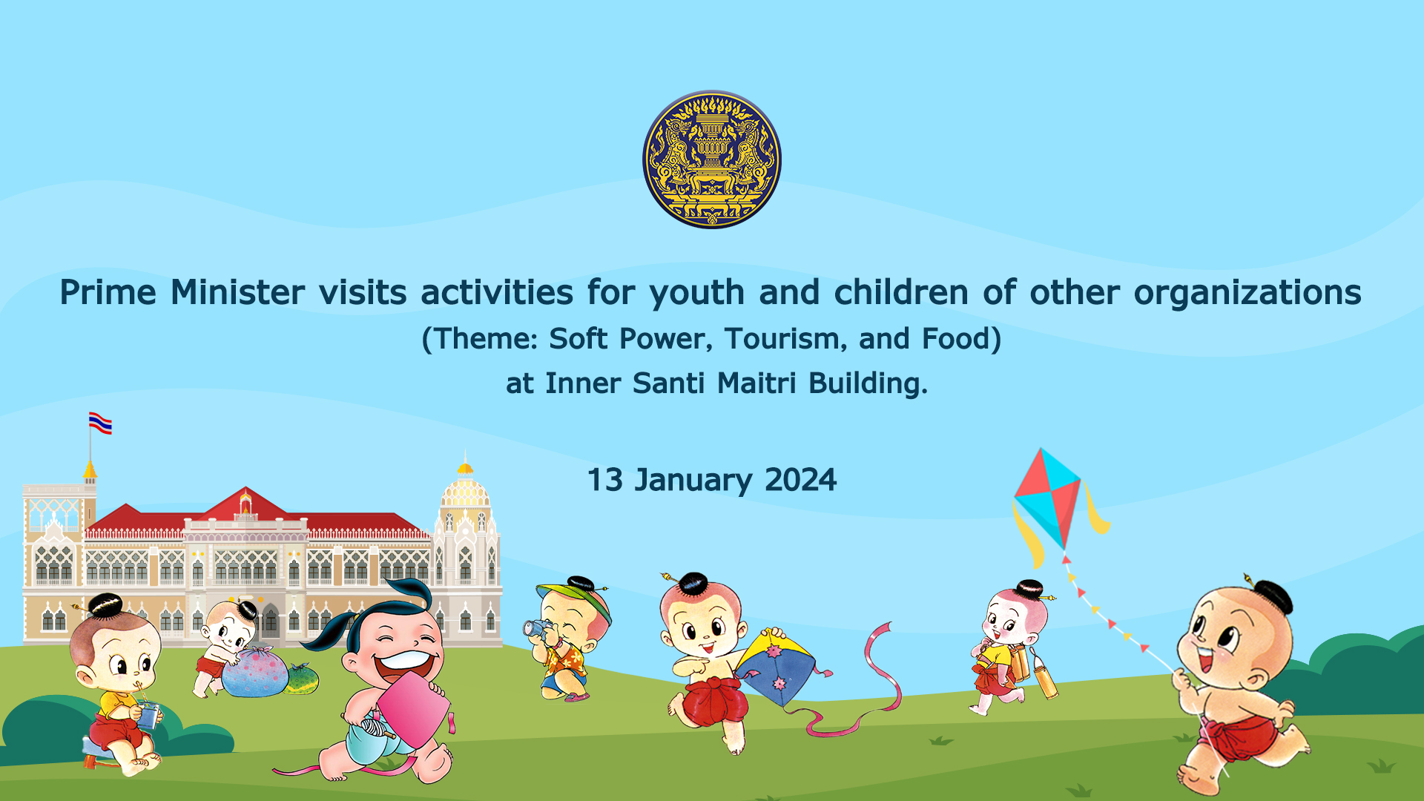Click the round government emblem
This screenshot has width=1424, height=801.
[x=712, y=159]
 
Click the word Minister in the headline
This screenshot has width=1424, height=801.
[x=237, y=292]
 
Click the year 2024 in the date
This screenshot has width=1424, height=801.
[x=800, y=480]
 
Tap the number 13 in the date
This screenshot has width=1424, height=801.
[x=604, y=480]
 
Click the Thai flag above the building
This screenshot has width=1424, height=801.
[x=100, y=423]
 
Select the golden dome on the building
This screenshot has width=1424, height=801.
[x=465, y=489]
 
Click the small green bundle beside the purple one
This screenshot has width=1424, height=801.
[x=302, y=679]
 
